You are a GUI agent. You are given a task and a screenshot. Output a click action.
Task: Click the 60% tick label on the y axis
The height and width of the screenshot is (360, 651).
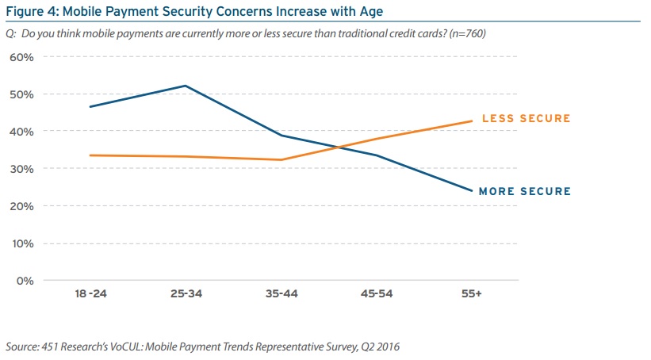pos(21,57)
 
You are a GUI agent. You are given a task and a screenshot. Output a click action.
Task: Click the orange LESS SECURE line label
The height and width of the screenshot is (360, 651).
pos(526,119)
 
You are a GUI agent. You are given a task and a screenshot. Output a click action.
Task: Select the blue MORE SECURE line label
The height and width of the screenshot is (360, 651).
pos(526,192)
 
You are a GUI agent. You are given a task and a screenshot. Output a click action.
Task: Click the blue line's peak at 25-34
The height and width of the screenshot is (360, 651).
pos(185,86)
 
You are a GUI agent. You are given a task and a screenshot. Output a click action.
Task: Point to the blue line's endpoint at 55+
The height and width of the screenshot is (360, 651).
pos(473,191)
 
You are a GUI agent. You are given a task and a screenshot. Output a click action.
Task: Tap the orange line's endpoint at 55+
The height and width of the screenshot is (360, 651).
pos(473,121)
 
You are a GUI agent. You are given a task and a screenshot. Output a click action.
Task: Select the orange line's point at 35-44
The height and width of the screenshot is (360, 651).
pos(281,159)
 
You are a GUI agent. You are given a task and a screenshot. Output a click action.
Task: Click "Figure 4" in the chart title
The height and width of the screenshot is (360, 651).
pos(30,11)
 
